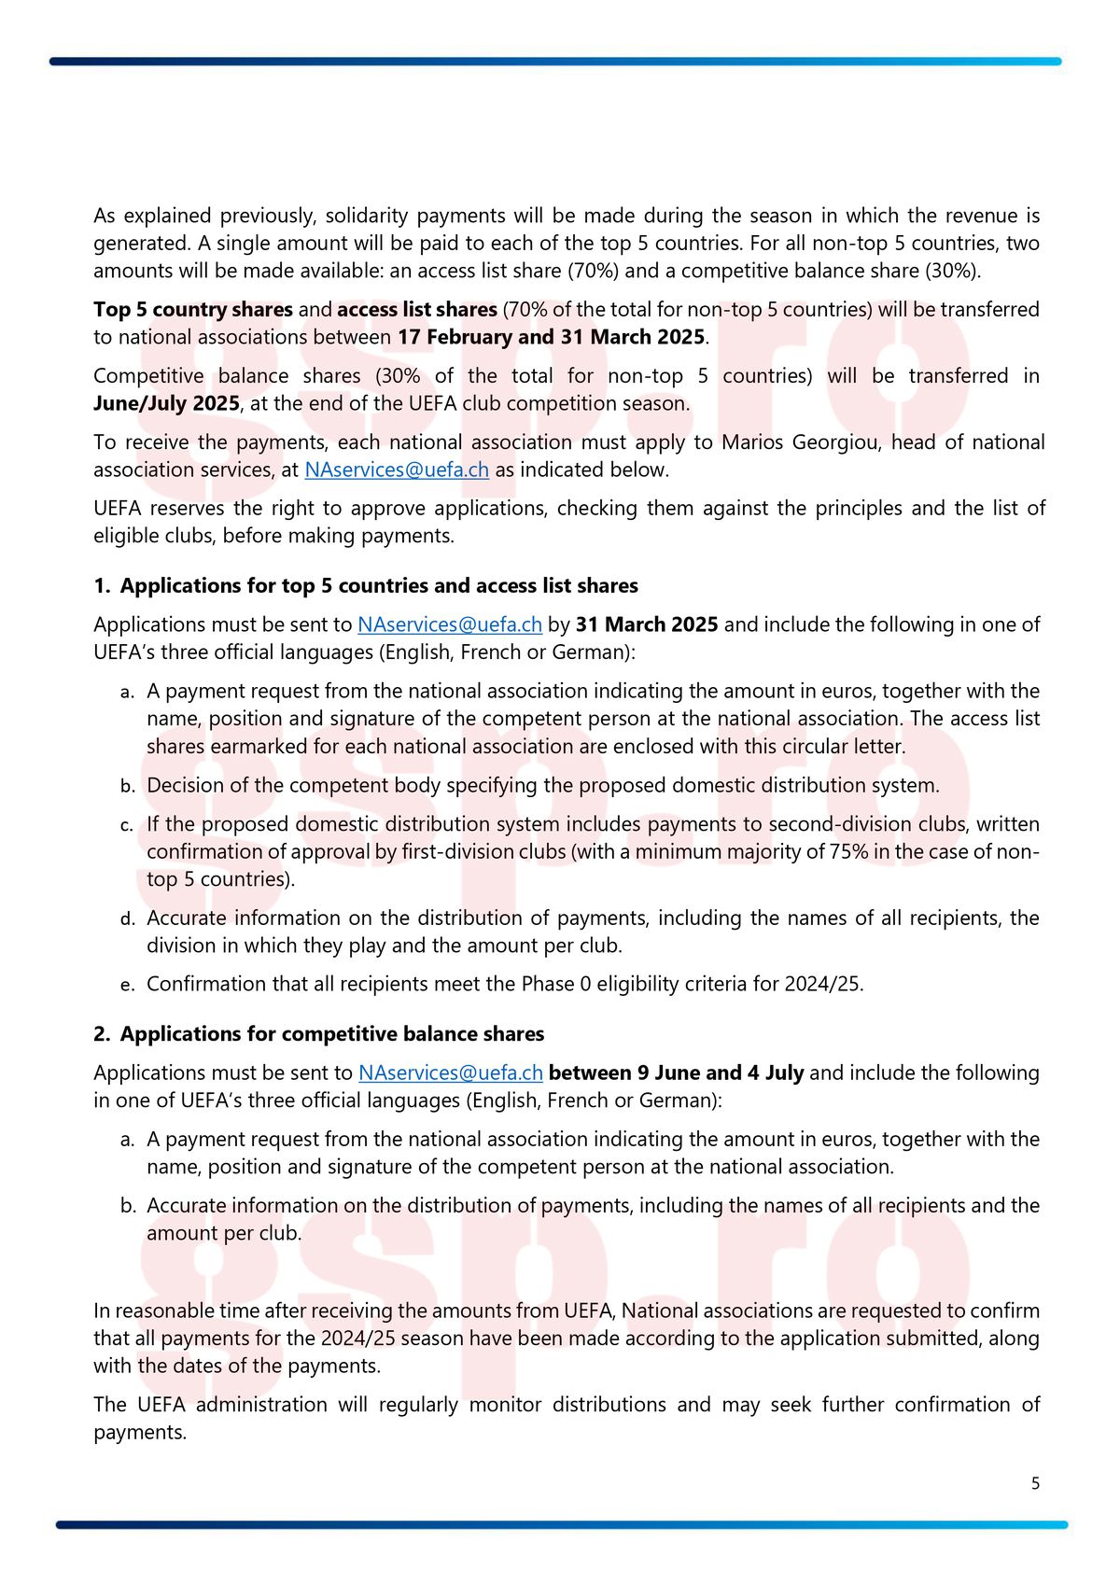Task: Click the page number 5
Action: [x=1035, y=1483]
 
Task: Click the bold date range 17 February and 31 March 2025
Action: [x=551, y=337]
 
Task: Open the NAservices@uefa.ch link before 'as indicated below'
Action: [x=397, y=470]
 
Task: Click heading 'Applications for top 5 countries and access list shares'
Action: [x=379, y=586]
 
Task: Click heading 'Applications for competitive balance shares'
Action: [x=331, y=1034]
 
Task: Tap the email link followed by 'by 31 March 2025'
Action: [x=450, y=624]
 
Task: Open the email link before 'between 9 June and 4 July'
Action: [x=450, y=1073]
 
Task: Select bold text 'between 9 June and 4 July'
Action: [x=677, y=1073]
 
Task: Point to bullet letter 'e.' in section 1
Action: [x=127, y=985]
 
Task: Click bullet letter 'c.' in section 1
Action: [x=127, y=825]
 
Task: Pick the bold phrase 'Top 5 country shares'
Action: [x=193, y=310]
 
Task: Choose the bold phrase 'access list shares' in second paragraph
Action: [x=416, y=310]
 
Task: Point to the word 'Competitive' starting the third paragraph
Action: [x=148, y=376]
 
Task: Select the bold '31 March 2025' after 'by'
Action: [x=647, y=624]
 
